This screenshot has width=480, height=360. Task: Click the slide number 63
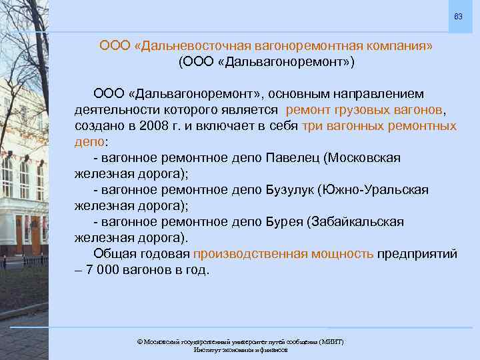458,15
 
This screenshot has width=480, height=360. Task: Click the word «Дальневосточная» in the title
190,46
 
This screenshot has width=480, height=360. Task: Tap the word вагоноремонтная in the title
300,46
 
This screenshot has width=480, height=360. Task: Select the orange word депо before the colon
89,142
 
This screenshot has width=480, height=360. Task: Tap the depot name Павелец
292,158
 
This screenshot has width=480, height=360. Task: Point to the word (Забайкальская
355,221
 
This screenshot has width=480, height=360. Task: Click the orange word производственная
250,253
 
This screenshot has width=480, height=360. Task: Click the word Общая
117,253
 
